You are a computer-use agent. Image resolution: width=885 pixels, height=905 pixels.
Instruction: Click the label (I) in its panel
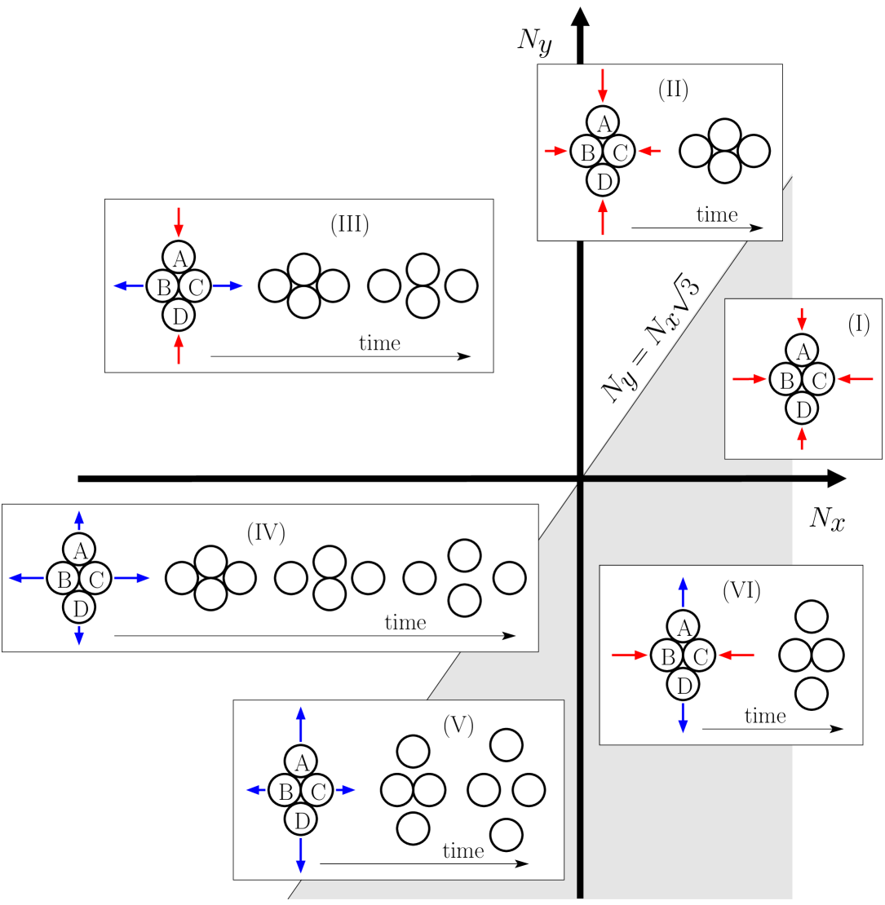point(858,324)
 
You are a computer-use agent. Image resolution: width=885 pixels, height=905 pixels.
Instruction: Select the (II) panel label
point(673,90)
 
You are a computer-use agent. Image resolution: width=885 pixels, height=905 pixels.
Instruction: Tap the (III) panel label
point(349,224)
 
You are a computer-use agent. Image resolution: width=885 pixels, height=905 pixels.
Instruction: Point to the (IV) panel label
point(265,532)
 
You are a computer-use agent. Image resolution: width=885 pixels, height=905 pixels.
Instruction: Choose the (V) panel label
point(458,725)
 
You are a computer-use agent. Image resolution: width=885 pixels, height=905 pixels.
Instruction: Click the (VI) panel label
point(741,591)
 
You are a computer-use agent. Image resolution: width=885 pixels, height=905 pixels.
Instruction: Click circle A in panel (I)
point(803,351)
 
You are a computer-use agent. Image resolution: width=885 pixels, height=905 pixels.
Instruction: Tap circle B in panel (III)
point(163,286)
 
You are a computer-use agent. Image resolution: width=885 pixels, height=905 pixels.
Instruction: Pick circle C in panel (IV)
point(96,580)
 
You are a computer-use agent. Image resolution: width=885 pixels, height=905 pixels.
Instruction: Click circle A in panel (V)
point(301,762)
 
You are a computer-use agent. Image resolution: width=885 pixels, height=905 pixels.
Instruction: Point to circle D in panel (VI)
point(684,686)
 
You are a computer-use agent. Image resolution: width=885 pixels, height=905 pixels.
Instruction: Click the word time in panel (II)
point(716,214)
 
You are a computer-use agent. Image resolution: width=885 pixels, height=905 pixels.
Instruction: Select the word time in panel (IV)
point(405,623)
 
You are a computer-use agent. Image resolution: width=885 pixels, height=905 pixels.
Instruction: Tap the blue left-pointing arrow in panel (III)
point(129,285)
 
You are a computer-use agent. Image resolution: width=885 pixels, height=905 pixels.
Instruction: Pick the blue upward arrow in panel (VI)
point(684,593)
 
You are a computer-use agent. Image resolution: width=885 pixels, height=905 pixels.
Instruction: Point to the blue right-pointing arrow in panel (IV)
point(132,578)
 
